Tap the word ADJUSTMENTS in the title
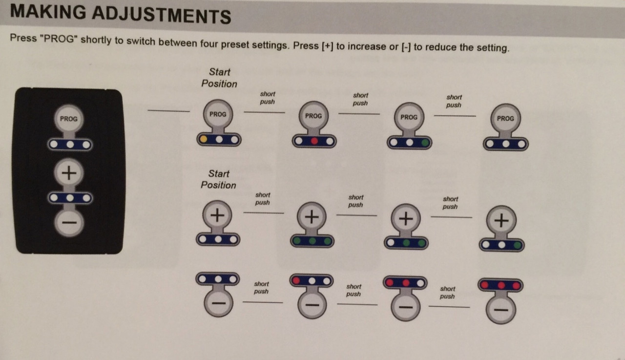tap(162, 15)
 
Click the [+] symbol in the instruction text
tap(327, 45)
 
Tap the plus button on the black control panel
tap(69, 173)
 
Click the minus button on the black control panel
tap(69, 223)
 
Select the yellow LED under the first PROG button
tap(204, 139)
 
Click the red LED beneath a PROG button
tap(314, 141)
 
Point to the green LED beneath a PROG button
tap(425, 143)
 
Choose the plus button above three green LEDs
tap(312, 217)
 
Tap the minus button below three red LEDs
tap(501, 310)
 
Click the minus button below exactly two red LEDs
tap(405, 307)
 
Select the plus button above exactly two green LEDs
tap(406, 218)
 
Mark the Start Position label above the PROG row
tap(219, 78)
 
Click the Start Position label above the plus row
tap(218, 179)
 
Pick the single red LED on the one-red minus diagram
tap(296, 280)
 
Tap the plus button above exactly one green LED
tap(501, 221)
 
